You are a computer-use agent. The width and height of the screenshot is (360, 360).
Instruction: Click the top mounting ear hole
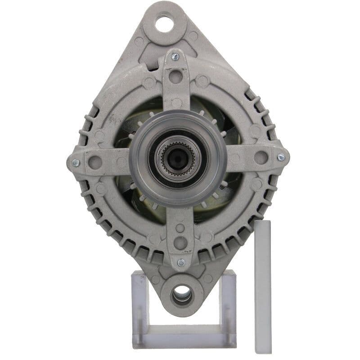pos(165,23)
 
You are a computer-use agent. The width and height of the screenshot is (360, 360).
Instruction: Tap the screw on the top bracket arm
pos(175,56)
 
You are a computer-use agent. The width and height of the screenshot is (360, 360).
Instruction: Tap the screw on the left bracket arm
pos(76,163)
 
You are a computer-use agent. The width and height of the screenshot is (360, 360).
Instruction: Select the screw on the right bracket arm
pos(281,157)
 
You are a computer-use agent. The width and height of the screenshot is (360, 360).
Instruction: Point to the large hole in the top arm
pos(176,76)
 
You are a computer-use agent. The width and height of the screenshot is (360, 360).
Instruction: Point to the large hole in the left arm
pos(95,162)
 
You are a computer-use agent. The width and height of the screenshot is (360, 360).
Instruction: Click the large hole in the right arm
pos(261,157)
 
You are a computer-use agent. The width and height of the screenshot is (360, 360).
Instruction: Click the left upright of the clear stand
pos(139,306)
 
